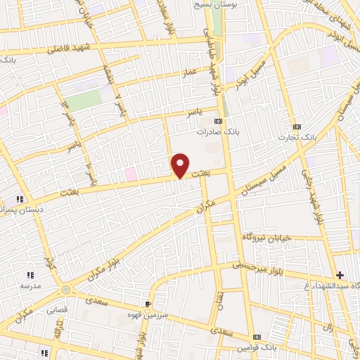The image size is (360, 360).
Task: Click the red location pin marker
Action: click(181, 165)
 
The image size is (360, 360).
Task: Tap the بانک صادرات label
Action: click(214, 131)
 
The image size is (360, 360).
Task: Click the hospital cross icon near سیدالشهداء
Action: click(341, 275)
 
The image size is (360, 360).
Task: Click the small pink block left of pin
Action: click(130, 174)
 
